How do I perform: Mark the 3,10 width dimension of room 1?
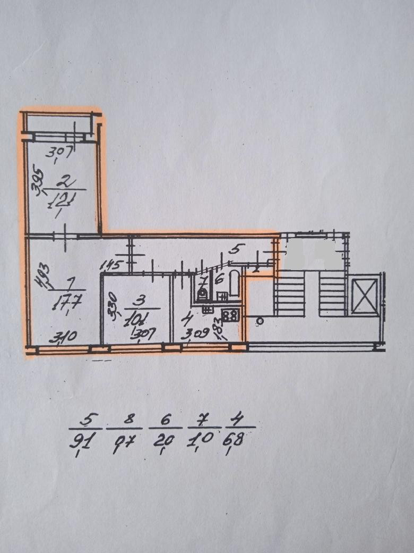coord(64,336)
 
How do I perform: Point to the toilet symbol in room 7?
coord(202,294)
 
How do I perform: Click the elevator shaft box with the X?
coord(366,294)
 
